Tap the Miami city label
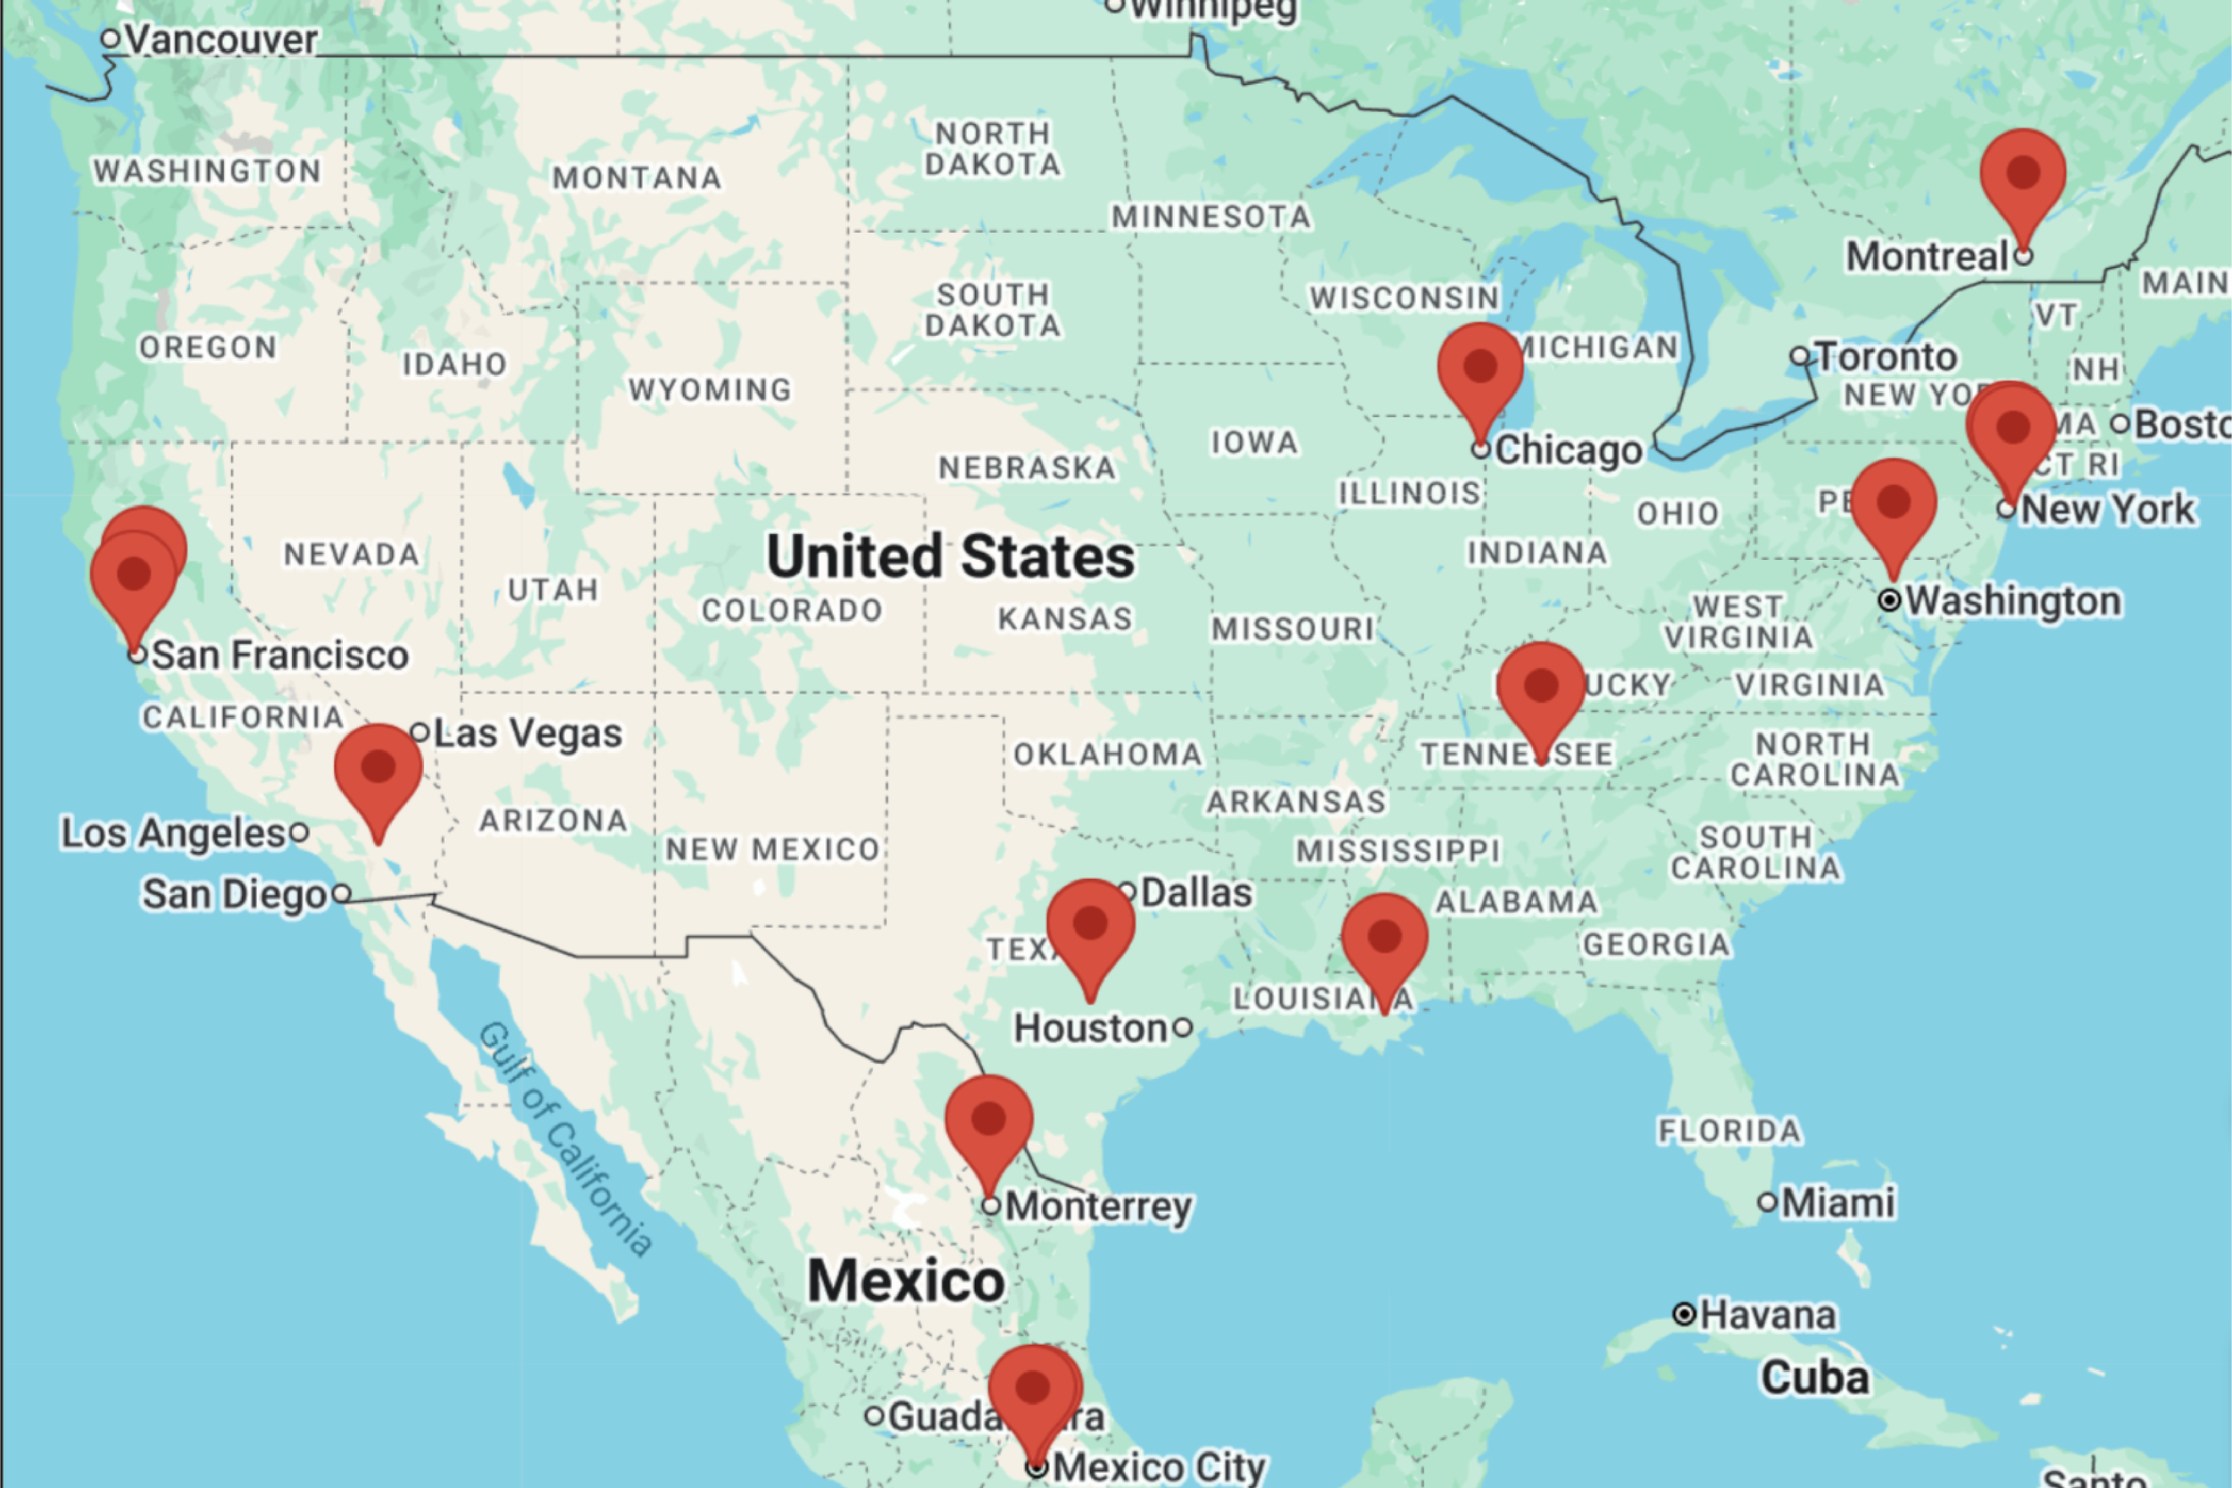tap(1837, 1203)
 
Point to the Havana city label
tap(1767, 1316)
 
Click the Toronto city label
tap(1886, 358)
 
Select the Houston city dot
tap(1183, 1027)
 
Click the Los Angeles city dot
tap(299, 833)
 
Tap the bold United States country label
tap(950, 556)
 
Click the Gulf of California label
tap(565, 1139)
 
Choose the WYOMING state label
tap(710, 390)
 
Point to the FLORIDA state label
tap(1729, 1131)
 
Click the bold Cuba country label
tap(1815, 1378)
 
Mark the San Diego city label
tap(234, 895)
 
